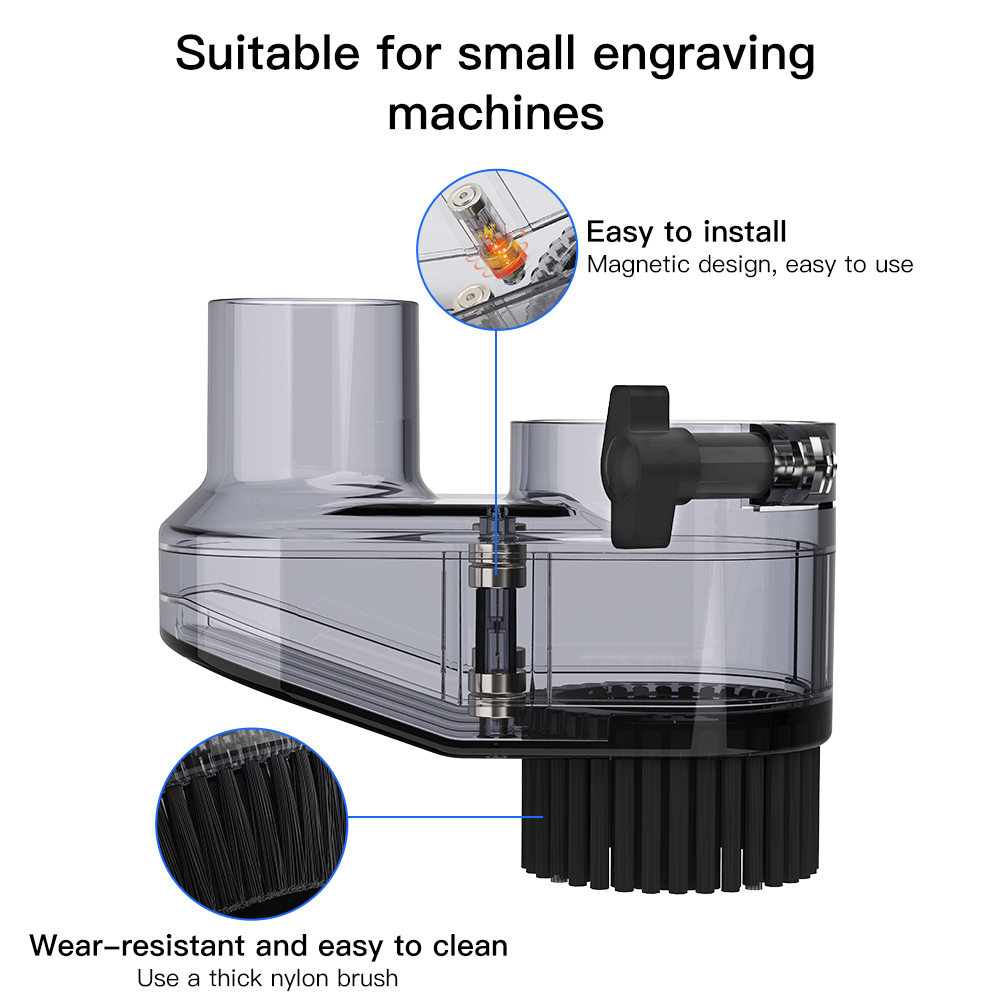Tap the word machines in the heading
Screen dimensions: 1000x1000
(496, 113)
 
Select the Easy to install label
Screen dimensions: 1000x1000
(686, 232)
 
